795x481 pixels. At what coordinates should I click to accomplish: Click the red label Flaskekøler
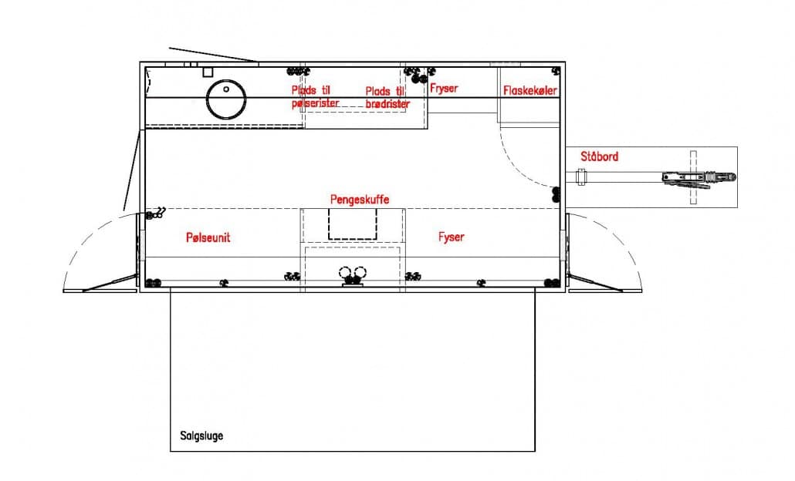pyautogui.click(x=529, y=91)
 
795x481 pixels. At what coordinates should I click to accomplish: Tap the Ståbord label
pyautogui.click(x=599, y=156)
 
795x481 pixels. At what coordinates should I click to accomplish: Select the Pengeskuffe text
pyautogui.click(x=360, y=199)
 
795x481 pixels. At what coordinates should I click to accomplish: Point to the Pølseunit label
pyautogui.click(x=208, y=237)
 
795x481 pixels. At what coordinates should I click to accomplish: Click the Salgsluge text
pyautogui.click(x=201, y=436)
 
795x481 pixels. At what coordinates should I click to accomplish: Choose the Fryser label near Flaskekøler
pyautogui.click(x=444, y=88)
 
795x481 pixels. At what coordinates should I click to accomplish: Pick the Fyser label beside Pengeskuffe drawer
pyautogui.click(x=452, y=237)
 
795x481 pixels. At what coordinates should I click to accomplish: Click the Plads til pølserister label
pyautogui.click(x=315, y=96)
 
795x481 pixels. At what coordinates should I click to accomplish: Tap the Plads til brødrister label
pyautogui.click(x=387, y=97)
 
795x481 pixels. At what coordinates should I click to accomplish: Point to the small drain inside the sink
pyautogui.click(x=226, y=89)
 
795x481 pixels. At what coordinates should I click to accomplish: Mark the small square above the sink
pyautogui.click(x=208, y=72)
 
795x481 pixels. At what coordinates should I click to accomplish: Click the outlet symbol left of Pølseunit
pyautogui.click(x=156, y=213)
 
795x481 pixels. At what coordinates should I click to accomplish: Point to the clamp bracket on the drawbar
pyautogui.click(x=581, y=177)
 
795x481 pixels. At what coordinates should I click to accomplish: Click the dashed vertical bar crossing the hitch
pyautogui.click(x=693, y=177)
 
